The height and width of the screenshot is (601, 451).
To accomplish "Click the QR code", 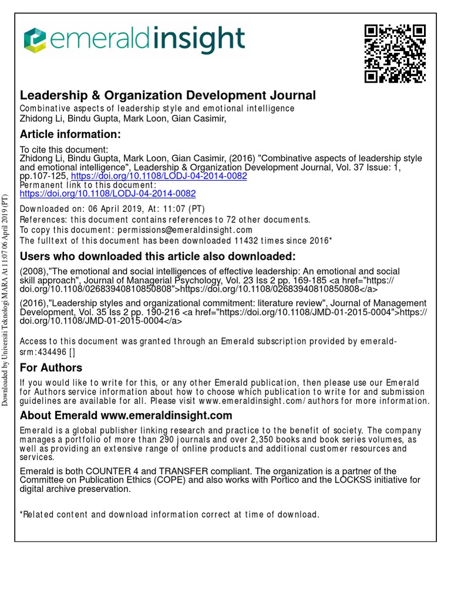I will [395, 53].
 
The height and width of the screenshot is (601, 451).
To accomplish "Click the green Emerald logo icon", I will [35, 40].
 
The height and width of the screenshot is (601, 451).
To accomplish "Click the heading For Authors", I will [51, 367].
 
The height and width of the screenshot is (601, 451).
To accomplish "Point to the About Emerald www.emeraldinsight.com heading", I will [126, 416].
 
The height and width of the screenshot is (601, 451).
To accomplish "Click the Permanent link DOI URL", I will [108, 193].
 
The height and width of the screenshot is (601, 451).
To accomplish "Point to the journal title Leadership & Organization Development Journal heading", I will [168, 95].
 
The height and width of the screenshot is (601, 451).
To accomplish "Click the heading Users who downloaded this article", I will [158, 256].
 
